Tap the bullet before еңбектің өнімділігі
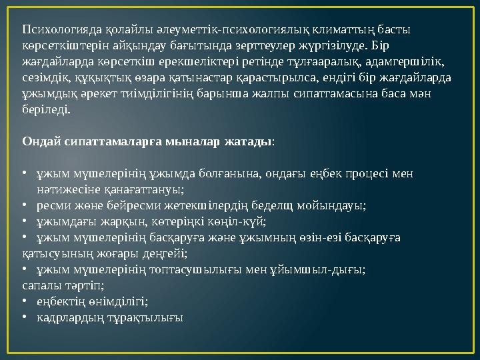coord(25,301)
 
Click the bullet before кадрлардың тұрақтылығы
coord(25,317)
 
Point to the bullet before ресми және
coord(25,205)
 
